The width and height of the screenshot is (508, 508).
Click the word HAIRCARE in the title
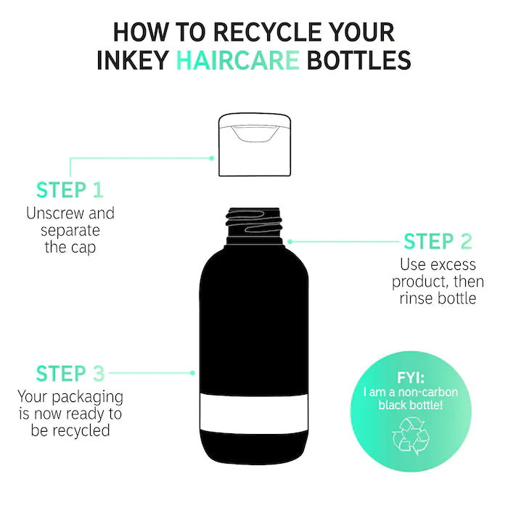(238, 60)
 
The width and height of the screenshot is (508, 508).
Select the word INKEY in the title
(133, 60)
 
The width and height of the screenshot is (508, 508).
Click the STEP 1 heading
(70, 190)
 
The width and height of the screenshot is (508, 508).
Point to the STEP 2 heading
(438, 242)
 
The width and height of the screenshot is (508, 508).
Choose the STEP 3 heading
(70, 374)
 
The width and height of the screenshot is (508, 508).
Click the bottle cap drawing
(255, 144)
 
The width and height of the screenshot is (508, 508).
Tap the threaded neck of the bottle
(254, 226)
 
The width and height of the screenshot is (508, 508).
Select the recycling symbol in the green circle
(410, 436)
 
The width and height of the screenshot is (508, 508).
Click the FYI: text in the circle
(411, 378)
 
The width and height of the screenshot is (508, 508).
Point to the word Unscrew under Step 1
(55, 213)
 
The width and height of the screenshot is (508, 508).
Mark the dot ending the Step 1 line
(212, 158)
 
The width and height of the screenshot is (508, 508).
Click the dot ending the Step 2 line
(290, 242)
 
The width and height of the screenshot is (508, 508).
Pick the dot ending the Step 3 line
(192, 373)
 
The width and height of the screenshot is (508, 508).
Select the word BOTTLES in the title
(359, 60)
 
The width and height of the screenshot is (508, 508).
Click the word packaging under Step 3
(88, 398)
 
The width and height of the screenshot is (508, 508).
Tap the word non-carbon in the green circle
(428, 393)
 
